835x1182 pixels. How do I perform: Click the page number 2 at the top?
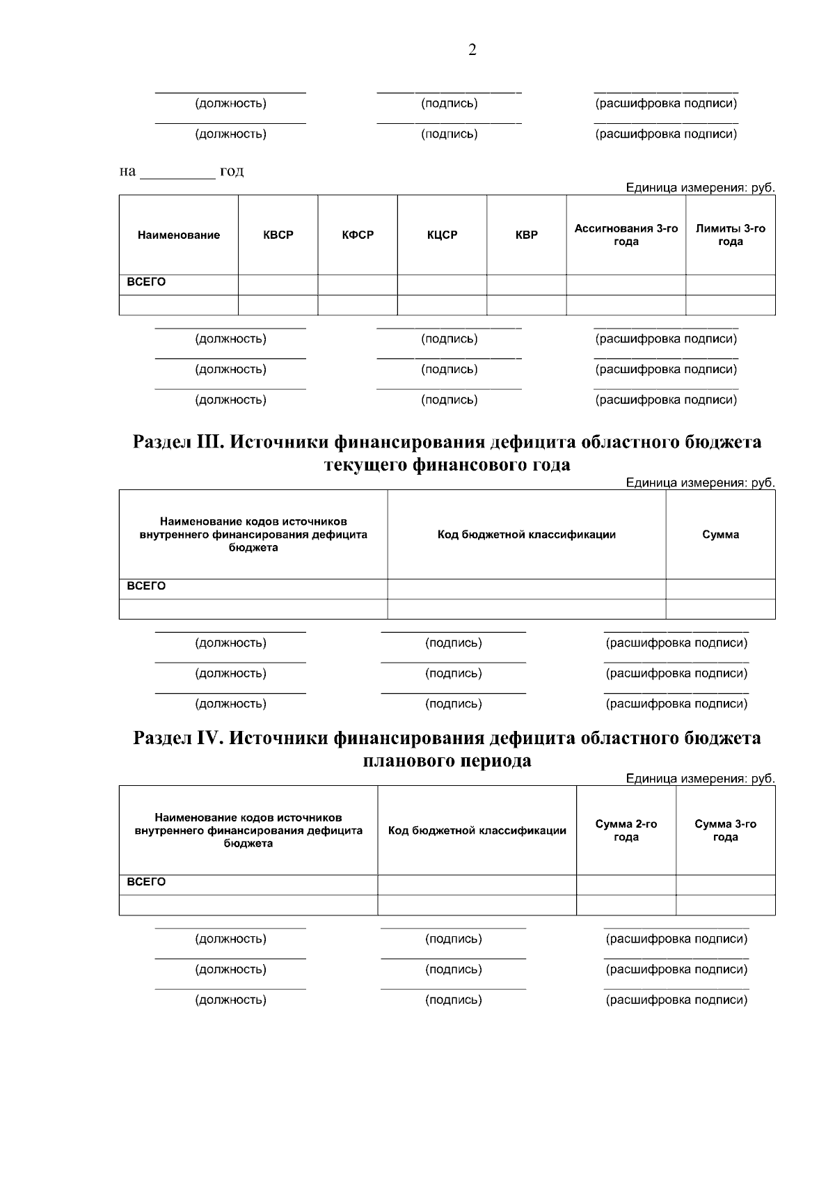(x=472, y=50)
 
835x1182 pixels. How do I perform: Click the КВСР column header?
(x=278, y=235)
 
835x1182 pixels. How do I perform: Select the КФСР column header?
(x=358, y=235)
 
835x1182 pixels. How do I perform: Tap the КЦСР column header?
(x=442, y=235)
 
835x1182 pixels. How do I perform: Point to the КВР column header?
(x=527, y=235)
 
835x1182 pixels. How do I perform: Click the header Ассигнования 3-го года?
(x=626, y=235)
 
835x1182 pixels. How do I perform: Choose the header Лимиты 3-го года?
(x=731, y=235)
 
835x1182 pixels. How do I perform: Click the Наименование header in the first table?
(x=179, y=235)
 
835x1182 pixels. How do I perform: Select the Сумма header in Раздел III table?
(x=720, y=535)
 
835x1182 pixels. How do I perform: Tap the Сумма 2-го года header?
(x=626, y=830)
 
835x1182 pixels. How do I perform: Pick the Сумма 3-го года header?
(x=726, y=830)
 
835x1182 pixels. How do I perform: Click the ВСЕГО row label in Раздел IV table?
(x=146, y=882)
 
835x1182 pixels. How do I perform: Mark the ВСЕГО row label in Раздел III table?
(x=146, y=586)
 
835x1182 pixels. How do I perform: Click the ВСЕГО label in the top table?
(x=146, y=283)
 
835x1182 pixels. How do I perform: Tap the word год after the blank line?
(x=231, y=171)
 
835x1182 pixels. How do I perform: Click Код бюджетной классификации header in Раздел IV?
(x=477, y=830)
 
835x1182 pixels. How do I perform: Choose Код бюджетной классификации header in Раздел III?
(x=527, y=535)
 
